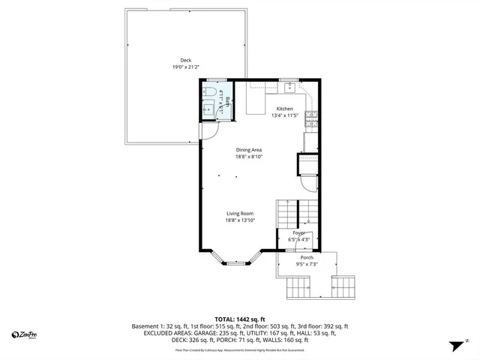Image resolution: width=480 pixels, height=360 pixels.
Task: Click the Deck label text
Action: pos(185,60)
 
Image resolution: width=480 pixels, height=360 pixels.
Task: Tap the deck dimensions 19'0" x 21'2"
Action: pos(185,67)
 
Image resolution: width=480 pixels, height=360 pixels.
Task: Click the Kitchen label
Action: pos(285,109)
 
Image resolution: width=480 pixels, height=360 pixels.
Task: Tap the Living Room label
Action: pos(239,214)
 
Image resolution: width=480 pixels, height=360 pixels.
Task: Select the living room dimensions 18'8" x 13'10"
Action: pos(239,221)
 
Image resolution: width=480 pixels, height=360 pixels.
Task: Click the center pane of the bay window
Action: pos(236,264)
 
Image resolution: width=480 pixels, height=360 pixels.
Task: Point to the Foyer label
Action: pos(298,233)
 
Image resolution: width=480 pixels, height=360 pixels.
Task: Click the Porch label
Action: pos(307,257)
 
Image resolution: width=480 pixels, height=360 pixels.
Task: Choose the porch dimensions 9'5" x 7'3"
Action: pos(307,264)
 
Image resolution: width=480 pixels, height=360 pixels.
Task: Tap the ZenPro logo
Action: pos(24,334)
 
